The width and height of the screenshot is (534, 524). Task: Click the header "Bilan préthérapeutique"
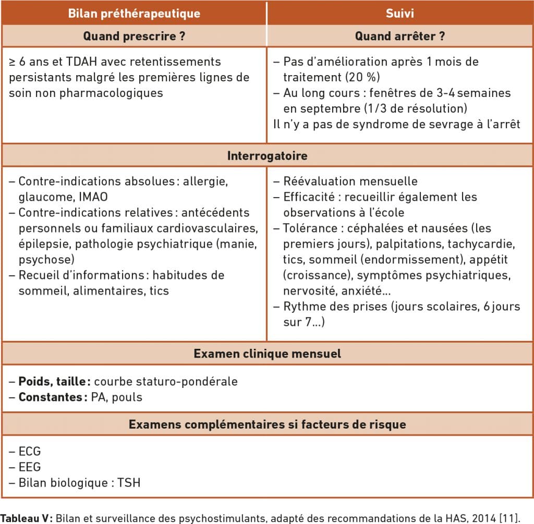pyautogui.click(x=134, y=13)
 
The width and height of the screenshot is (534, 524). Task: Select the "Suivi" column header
pyautogui.click(x=400, y=13)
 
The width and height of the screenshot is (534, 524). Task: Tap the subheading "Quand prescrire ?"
pyautogui.click(x=134, y=36)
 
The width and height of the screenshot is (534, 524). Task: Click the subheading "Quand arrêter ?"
pyautogui.click(x=400, y=36)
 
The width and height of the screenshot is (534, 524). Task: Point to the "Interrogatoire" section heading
pyautogui.click(x=267, y=156)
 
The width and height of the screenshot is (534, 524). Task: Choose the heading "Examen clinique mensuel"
pyautogui.click(x=267, y=354)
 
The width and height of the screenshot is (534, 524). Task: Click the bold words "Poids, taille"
pyautogui.click(x=51, y=381)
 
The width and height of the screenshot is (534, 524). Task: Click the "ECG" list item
pyautogui.click(x=30, y=451)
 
